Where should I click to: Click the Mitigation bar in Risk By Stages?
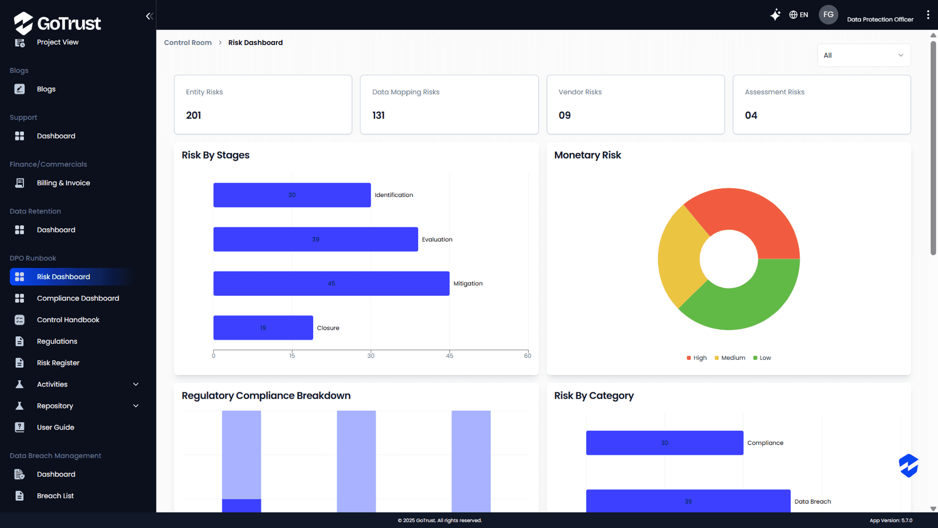pos(331,283)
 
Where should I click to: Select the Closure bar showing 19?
pos(263,328)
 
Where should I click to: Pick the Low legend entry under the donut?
pos(762,358)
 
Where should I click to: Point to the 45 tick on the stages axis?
pos(450,356)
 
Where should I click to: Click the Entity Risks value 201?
pos(193,115)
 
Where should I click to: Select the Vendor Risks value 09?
pos(565,115)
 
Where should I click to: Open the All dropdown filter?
pos(864,55)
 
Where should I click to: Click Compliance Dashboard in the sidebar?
pos(78,298)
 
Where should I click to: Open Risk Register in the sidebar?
pos(58,363)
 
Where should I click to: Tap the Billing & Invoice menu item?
pos(63,183)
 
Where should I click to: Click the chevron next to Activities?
pos(136,385)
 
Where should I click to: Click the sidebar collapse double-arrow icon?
pos(149,16)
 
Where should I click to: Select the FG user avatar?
pos(828,15)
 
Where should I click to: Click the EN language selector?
pos(799,15)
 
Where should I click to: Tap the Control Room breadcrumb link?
pos(188,43)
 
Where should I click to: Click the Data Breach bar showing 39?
pos(688,501)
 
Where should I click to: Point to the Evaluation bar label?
pos(437,239)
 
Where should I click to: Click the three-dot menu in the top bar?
pos(928,15)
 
